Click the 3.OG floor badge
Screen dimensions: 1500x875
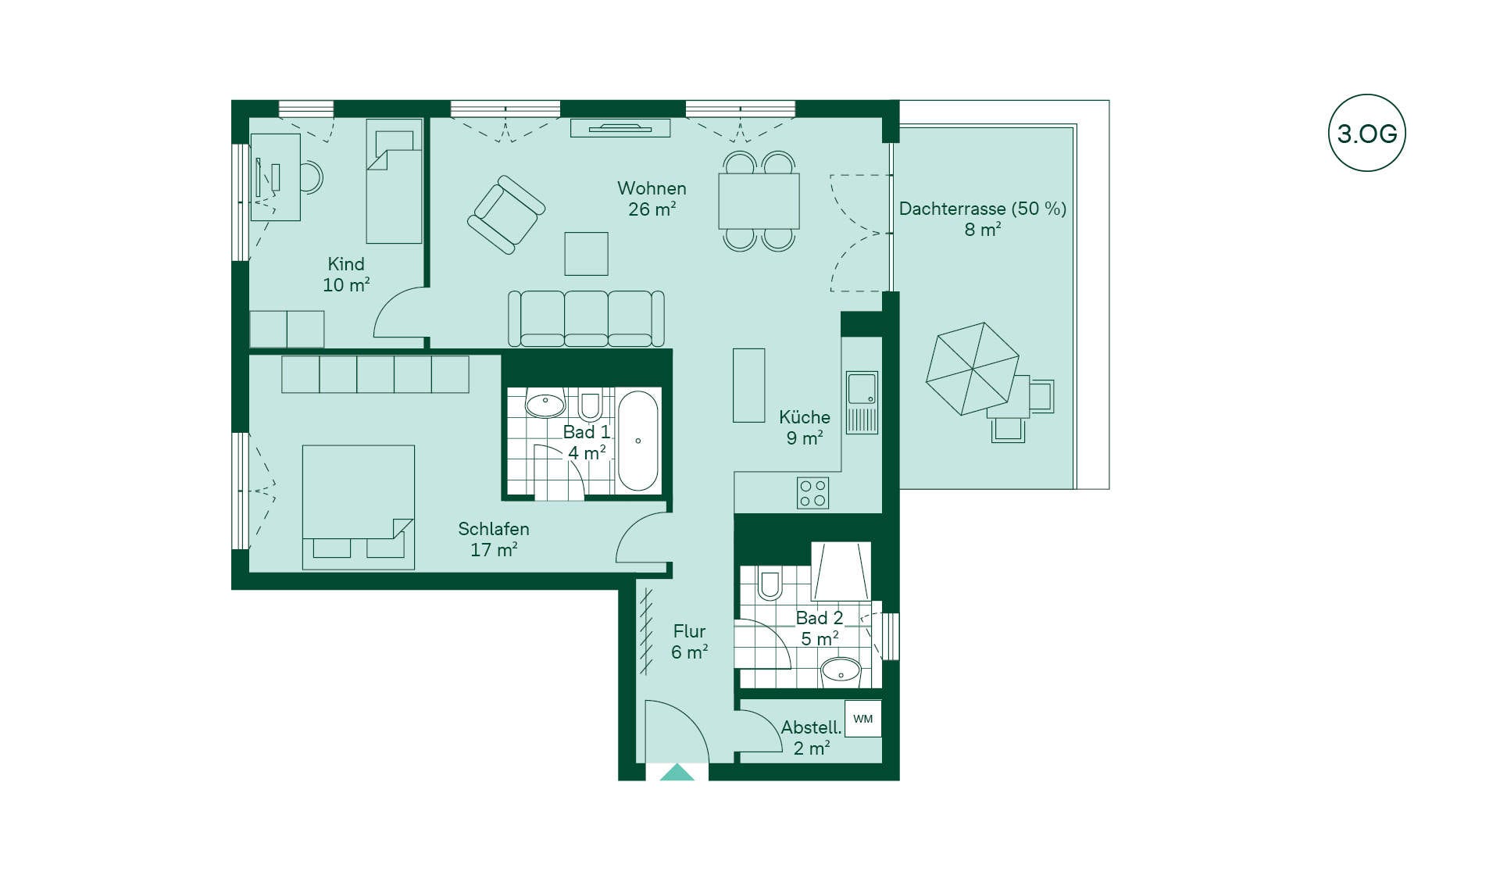click(1366, 133)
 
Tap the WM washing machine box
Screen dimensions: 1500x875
click(863, 719)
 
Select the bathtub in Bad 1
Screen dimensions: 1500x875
click(638, 441)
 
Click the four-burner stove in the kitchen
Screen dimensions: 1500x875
click(812, 493)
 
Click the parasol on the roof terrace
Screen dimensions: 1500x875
click(973, 369)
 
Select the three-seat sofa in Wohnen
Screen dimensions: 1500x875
click(586, 319)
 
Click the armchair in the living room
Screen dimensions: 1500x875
click(506, 215)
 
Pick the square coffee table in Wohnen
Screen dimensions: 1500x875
click(586, 253)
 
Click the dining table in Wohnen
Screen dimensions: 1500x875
click(759, 201)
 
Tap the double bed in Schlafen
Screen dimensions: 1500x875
click(359, 507)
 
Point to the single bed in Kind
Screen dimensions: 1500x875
click(394, 181)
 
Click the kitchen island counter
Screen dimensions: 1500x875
click(748, 385)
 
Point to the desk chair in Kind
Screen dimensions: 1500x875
click(312, 177)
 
